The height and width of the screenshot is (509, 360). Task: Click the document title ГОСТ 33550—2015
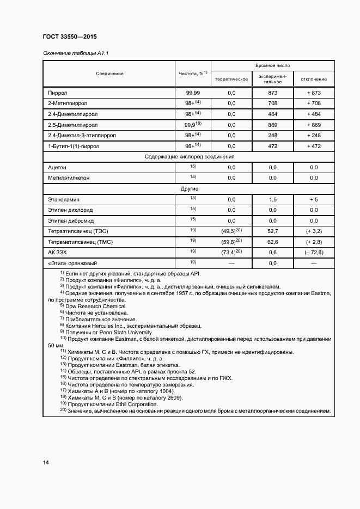[69, 36]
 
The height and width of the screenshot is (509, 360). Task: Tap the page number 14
[46, 462]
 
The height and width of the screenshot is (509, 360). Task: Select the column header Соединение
[110, 73]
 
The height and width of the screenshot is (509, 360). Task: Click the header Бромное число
[273, 65]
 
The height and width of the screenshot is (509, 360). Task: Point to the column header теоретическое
[231, 79]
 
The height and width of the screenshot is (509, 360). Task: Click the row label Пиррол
[58, 93]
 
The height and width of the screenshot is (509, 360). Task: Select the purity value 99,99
[193, 93]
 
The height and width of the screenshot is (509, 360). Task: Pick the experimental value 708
[273, 103]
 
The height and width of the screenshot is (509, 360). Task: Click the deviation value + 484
[314, 114]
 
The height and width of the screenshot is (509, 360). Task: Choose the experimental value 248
[273, 135]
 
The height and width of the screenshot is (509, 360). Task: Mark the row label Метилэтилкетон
[69, 177]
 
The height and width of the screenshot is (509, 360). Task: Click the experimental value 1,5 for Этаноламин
[273, 199]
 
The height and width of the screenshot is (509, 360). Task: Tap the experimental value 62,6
[273, 241]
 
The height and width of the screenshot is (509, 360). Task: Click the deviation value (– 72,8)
[314, 252]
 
